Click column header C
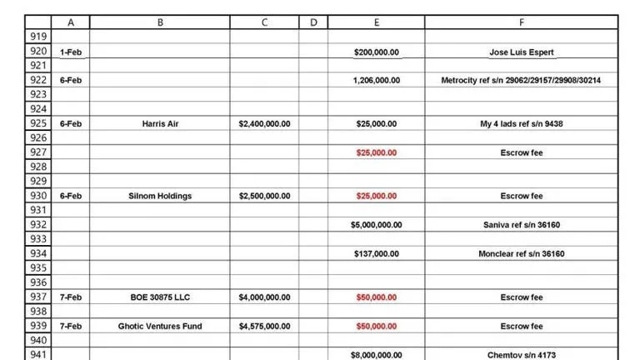pyautogui.click(x=264, y=22)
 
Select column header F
pyautogui.click(x=521, y=22)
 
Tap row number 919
pyautogui.click(x=38, y=37)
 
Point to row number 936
pyautogui.click(x=38, y=282)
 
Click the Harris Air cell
pyautogui.click(x=160, y=124)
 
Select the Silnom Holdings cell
pyautogui.click(x=160, y=197)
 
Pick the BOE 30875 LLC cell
pyautogui.click(x=160, y=297)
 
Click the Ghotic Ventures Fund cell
pyautogui.click(x=160, y=327)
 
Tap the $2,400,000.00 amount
pyautogui.click(x=264, y=124)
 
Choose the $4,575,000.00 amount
pyautogui.click(x=264, y=327)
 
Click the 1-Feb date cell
pyautogui.click(x=71, y=52)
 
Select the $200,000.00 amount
pyautogui.click(x=376, y=52)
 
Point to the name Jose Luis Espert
pyautogui.click(x=521, y=52)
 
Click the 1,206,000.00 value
pyautogui.click(x=376, y=81)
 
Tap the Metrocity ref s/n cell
pyautogui.click(x=521, y=81)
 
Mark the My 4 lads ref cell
pyautogui.click(x=521, y=124)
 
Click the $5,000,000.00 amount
pyautogui.click(x=376, y=225)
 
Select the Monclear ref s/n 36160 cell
pyautogui.click(x=521, y=254)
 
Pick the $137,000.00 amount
pyautogui.click(x=376, y=254)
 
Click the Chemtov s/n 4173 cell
pyautogui.click(x=521, y=355)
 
